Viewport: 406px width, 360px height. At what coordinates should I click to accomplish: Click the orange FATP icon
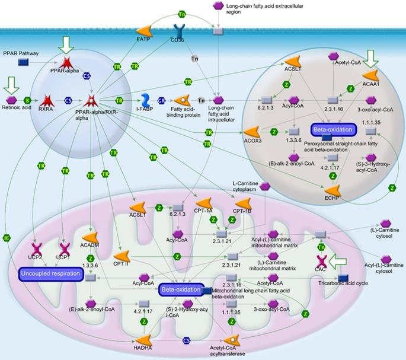point(145,31)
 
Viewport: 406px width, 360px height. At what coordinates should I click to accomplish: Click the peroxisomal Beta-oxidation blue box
point(332,129)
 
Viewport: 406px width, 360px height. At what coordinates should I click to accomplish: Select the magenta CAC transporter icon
point(322,261)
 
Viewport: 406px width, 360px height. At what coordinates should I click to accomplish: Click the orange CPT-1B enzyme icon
point(243,204)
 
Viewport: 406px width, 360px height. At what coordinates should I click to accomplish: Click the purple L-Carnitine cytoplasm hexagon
point(266,186)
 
